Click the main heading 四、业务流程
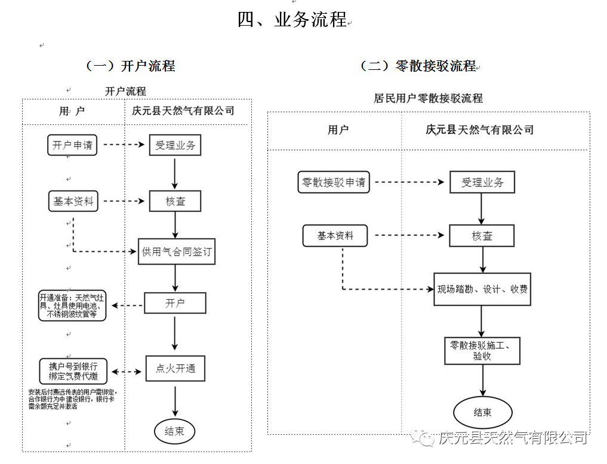tap(292, 20)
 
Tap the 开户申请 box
tap(72, 145)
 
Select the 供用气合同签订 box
tap(175, 251)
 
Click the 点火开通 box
tap(175, 368)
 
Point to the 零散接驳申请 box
tap(334, 182)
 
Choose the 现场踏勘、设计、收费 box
tap(482, 290)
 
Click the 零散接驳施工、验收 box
tap(482, 351)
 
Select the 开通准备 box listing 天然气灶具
tap(72, 305)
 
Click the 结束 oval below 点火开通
tap(175, 431)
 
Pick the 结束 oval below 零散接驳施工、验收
tap(482, 412)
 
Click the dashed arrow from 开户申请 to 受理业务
tap(125, 145)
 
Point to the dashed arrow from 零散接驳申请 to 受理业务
tap(409, 182)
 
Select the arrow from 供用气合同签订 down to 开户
tap(175, 278)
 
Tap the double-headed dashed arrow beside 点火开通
tap(127, 371)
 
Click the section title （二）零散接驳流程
tap(417, 66)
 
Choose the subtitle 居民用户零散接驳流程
tap(428, 99)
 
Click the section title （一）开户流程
tap(130, 66)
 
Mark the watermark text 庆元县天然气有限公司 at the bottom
tap(512, 438)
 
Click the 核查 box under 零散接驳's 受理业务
tap(482, 236)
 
